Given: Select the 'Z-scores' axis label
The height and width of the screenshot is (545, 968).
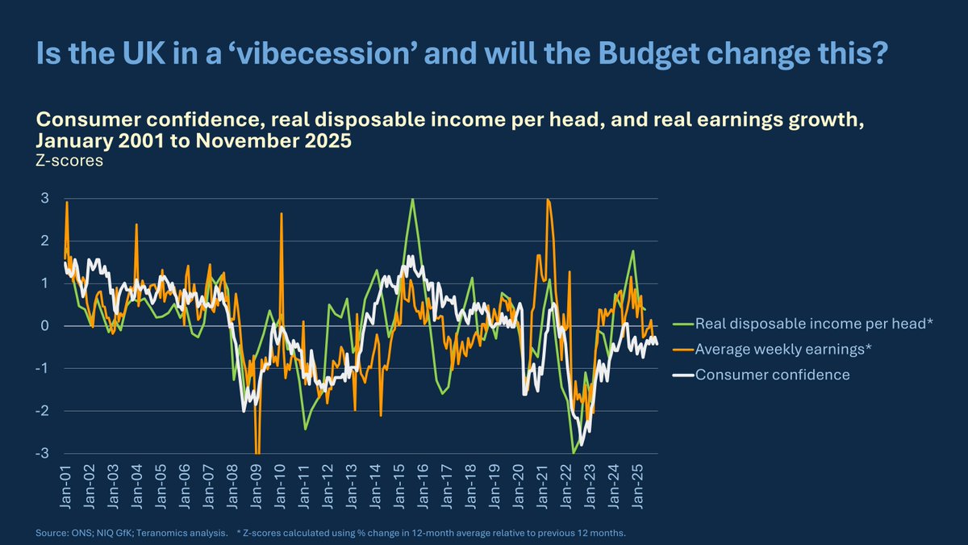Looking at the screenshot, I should (69, 161).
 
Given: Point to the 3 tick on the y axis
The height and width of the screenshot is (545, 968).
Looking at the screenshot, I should (45, 198).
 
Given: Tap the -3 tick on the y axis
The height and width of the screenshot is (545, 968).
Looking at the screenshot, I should (42, 454).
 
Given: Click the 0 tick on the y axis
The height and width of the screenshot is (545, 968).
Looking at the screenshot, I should (45, 326).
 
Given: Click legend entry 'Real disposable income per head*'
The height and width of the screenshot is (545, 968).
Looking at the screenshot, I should (814, 323).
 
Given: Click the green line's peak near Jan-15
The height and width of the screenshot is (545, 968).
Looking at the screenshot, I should (412, 199).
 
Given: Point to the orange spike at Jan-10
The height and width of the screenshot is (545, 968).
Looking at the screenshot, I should (282, 213).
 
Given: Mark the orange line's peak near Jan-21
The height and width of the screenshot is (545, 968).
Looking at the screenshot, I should (549, 199).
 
